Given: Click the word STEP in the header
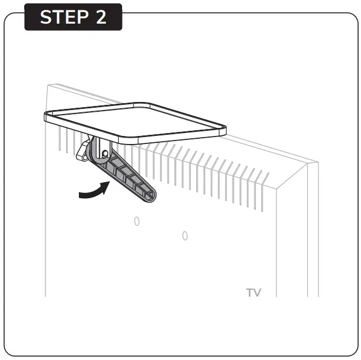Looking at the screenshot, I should coord(61,17).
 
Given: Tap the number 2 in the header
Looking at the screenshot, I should coord(101,17).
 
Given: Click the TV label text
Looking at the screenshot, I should coord(253,293).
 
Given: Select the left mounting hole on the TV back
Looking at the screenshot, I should coord(136,221).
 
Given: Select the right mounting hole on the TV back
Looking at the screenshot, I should coord(185,236).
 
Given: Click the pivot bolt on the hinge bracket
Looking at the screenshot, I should coord(105,153).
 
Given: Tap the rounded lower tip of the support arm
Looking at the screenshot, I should coord(150,198).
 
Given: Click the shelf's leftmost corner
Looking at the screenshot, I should coord(47,116).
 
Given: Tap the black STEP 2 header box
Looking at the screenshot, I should coord(73,17).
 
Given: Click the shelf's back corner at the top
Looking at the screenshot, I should coord(151,104).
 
